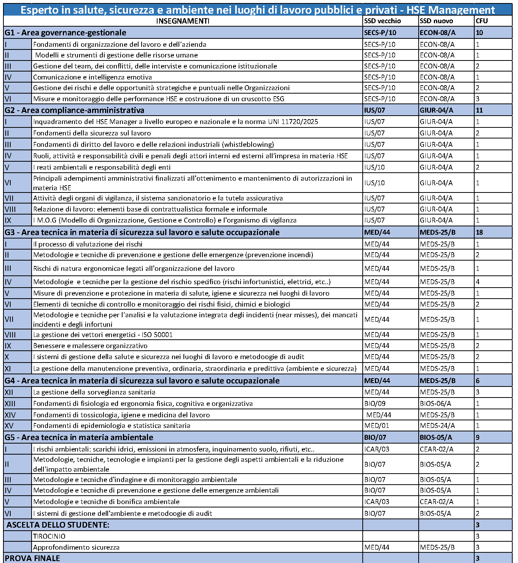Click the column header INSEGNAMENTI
pos(183,21)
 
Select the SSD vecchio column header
pos(382,21)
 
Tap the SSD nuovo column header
pos(436,21)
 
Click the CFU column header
pos(481,21)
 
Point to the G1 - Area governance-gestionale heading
pos(65,33)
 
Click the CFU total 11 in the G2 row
pos(479,110)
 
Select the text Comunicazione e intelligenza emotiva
pos(92,77)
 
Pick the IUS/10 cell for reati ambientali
pos(375,167)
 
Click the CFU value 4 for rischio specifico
pos(478,282)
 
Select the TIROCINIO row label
pos(49,536)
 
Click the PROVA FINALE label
pos(32,558)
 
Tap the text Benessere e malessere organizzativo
pos(90,346)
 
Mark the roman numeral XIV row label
pos(10,415)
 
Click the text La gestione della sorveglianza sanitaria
pos(94,392)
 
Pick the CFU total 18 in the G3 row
pos(479,232)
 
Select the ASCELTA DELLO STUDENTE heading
pos(58,525)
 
